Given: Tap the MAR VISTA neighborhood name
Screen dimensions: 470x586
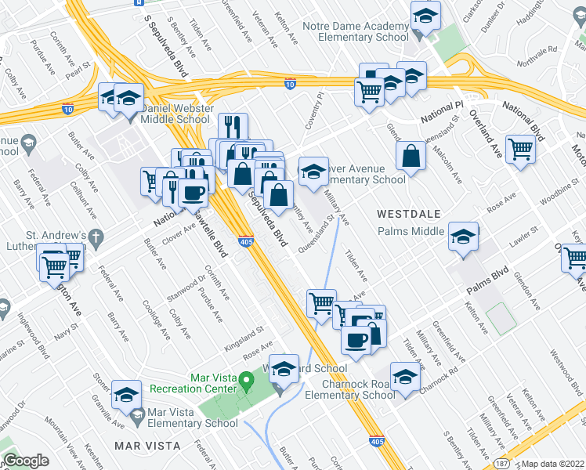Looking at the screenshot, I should pos(147,445).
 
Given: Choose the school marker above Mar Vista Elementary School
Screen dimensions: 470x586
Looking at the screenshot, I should pos(126,396).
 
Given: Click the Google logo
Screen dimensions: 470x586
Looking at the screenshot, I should pos(26,461).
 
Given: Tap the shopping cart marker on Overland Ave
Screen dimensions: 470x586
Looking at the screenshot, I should pos(520,149).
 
